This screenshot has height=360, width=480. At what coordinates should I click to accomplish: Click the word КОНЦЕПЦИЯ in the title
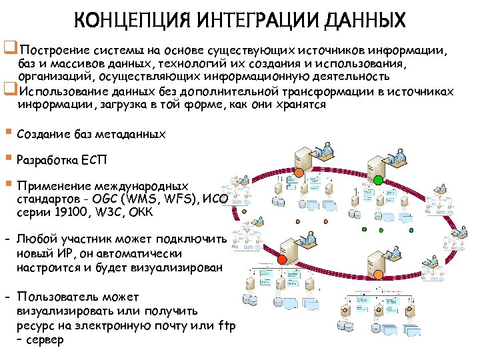tap(126, 21)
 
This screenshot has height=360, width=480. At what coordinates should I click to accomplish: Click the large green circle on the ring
tap(378, 178)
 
